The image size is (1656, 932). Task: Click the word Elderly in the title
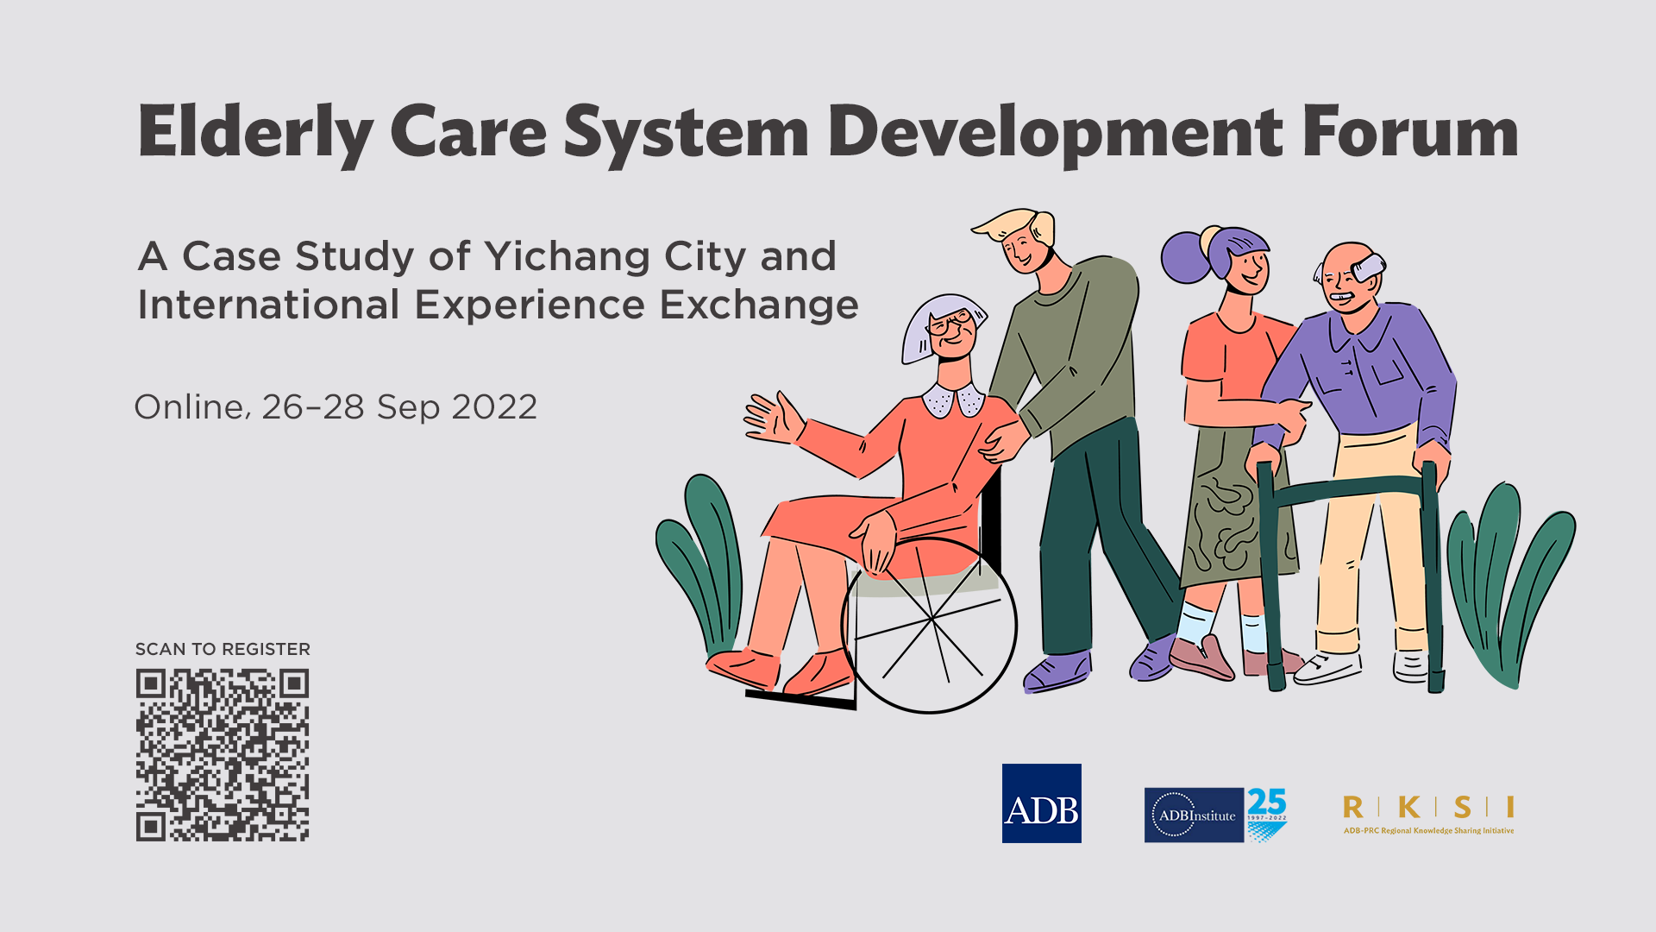click(x=255, y=134)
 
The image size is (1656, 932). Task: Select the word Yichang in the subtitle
click(x=567, y=257)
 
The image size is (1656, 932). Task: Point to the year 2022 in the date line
click(x=494, y=407)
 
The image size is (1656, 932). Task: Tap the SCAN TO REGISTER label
click(x=223, y=649)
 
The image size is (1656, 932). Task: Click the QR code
click(x=223, y=755)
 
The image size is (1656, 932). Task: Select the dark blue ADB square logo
click(x=1042, y=803)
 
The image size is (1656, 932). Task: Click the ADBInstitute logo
click(x=1195, y=815)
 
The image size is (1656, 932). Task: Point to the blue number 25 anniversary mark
click(x=1267, y=802)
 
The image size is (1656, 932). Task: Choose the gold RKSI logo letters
click(x=1428, y=807)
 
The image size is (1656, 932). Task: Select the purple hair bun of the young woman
click(x=1186, y=256)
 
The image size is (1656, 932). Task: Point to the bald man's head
click(x=1347, y=276)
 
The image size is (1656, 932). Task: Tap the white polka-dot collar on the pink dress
click(x=953, y=400)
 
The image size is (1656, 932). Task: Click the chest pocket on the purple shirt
click(x=1388, y=369)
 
